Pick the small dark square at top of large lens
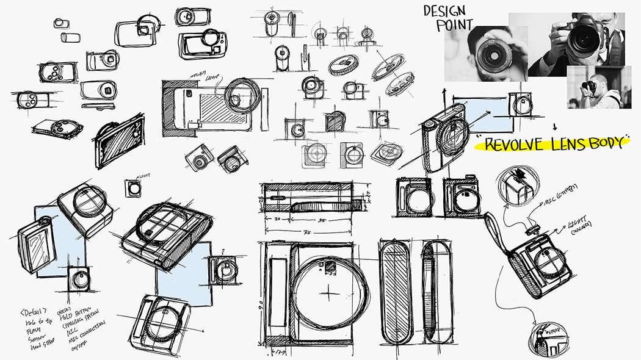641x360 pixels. click(329, 266)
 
